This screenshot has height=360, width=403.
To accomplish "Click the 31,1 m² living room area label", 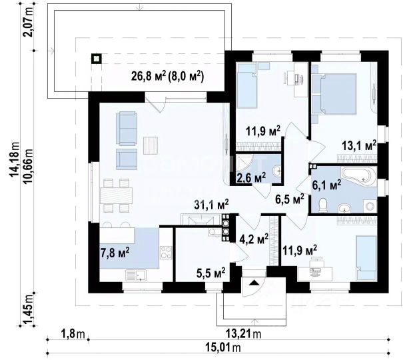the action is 212,205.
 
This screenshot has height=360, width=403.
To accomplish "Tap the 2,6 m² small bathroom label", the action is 251,178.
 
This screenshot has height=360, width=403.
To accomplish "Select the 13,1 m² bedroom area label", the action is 359,146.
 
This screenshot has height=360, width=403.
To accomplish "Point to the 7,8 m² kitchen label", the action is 115,253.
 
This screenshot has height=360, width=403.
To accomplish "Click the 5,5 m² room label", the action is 211,273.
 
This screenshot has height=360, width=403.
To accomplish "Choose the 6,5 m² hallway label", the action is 289,199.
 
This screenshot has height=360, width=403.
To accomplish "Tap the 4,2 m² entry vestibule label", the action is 254,239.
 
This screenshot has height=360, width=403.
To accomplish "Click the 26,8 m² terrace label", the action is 167,77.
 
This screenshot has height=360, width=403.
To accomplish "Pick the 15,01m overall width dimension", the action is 223,348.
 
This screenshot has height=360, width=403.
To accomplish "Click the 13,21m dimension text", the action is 243,334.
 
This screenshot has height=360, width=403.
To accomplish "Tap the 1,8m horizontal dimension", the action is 73,334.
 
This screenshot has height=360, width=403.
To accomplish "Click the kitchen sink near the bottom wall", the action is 136,275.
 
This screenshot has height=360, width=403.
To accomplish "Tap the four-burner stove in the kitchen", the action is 166,252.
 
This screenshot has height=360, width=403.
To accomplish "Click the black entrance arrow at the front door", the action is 254,283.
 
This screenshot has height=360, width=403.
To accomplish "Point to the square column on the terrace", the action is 96,59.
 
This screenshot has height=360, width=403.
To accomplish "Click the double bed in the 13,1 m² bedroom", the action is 336,94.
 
